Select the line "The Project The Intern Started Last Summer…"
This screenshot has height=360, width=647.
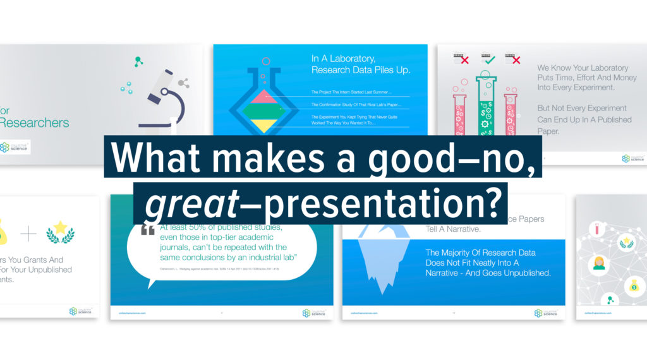[x=351, y=91]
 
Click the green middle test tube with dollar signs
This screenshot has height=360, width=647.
[x=486, y=104]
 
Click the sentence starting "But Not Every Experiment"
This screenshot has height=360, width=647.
[x=581, y=108]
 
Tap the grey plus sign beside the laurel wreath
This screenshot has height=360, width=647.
[x=28, y=234]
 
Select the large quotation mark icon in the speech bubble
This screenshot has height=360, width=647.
[x=147, y=231]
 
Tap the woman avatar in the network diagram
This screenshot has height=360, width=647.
[x=598, y=263]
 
